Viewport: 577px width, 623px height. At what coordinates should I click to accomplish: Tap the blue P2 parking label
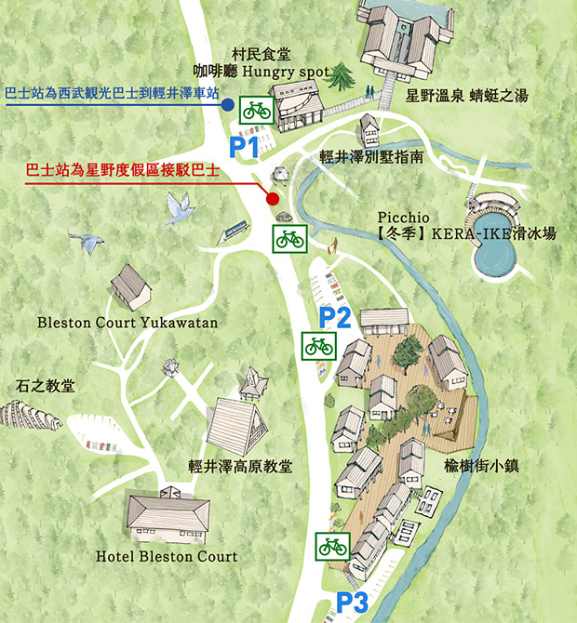click(334, 318)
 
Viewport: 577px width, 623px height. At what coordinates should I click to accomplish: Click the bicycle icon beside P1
click(256, 111)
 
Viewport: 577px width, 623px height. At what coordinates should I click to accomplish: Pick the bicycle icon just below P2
click(319, 346)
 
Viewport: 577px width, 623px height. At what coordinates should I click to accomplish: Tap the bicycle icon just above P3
click(332, 546)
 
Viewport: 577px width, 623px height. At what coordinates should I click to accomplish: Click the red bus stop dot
click(272, 198)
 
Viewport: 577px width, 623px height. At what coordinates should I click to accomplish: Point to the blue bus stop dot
click(227, 106)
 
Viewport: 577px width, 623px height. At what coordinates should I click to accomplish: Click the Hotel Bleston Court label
click(167, 557)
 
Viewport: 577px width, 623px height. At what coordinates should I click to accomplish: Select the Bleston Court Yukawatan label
click(127, 324)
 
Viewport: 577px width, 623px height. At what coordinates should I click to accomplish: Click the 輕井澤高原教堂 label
click(240, 466)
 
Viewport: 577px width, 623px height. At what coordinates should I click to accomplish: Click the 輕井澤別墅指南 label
click(371, 157)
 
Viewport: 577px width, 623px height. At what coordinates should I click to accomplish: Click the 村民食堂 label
click(261, 55)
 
